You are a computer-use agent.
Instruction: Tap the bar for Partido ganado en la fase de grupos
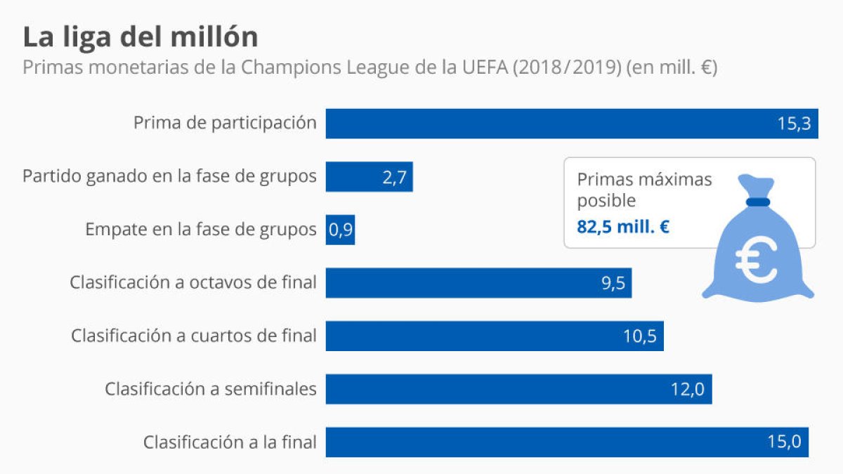pos(369,177)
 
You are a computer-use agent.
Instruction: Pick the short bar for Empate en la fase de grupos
pos(340,230)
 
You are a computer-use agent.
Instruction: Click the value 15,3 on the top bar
pos(794,124)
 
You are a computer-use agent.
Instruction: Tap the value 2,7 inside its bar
pos(395,178)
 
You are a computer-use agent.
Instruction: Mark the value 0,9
pos(341,230)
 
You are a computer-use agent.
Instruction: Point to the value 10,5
pos(639,336)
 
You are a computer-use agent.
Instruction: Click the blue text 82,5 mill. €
pos(623,228)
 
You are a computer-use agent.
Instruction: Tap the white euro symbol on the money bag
pos(756,258)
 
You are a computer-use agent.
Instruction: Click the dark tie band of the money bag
pos(759,203)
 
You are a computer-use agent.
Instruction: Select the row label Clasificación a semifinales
pos(211,388)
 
